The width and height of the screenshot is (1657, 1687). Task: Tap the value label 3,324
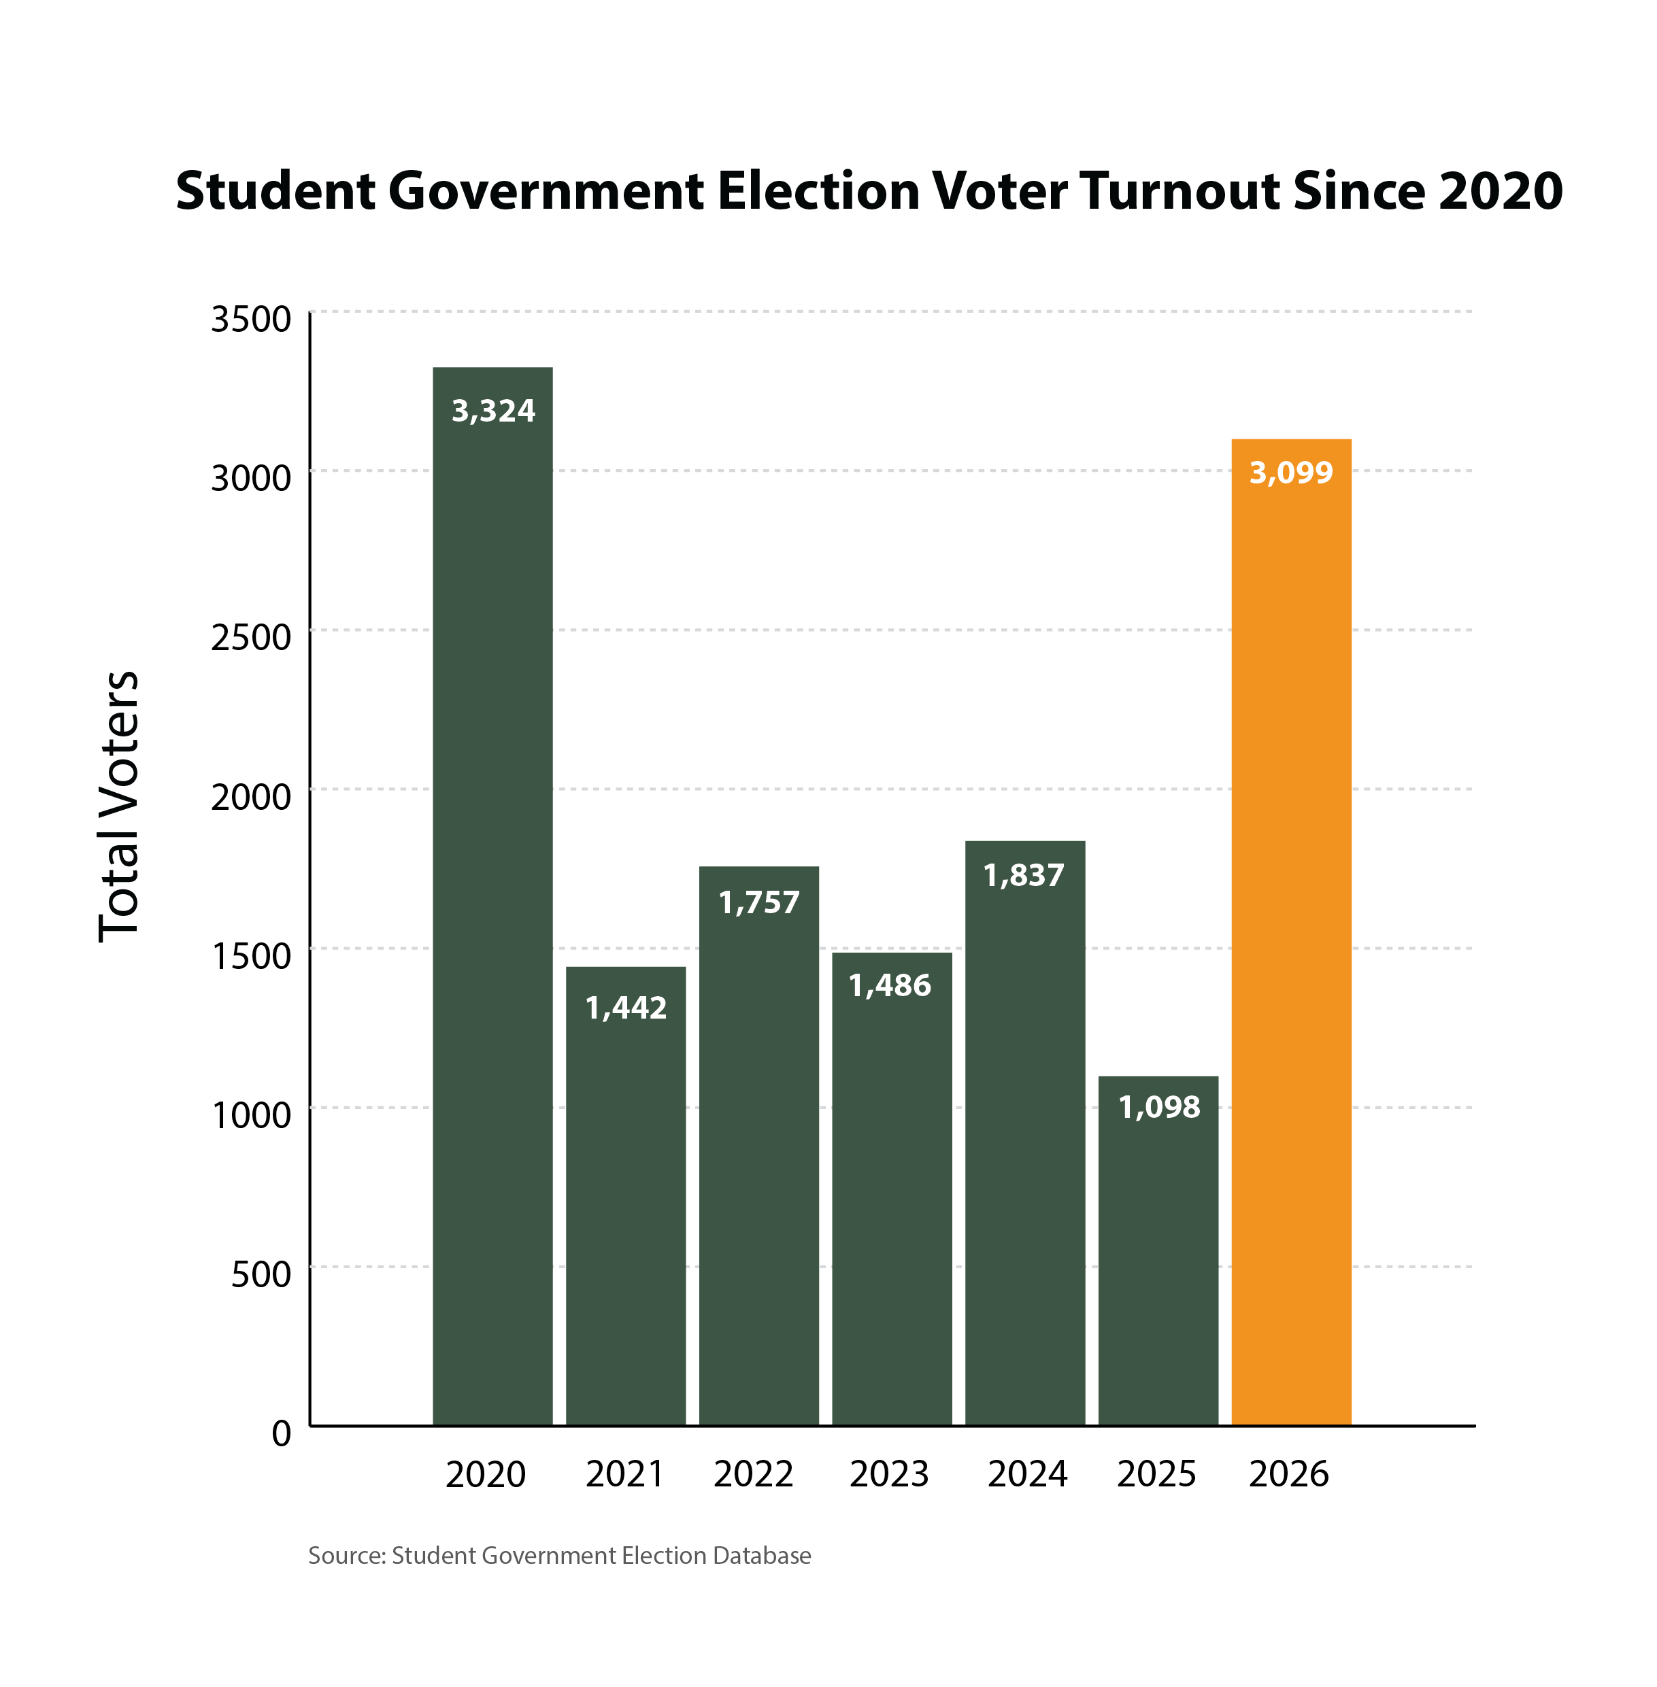coord(492,411)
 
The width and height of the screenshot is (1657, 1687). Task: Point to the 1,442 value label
coord(626,1008)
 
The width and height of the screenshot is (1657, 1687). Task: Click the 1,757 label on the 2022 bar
coord(759,902)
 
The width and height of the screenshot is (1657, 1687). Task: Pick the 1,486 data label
coord(890,985)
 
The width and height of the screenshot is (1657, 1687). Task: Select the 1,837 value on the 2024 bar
coord(1024,874)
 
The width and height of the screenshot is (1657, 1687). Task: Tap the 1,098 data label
coord(1158,1107)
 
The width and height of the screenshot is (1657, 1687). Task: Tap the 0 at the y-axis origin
coord(281,1433)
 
